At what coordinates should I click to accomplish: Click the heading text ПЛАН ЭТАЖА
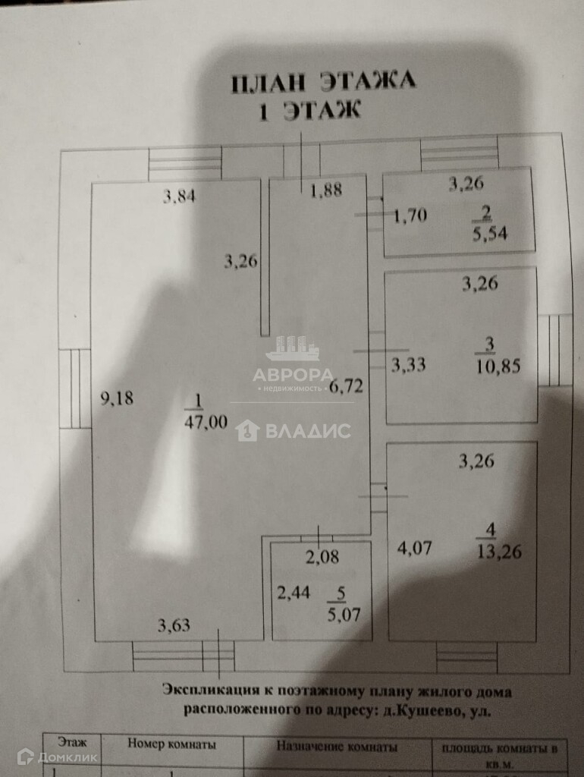click(x=323, y=81)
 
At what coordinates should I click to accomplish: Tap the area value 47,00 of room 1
click(x=206, y=423)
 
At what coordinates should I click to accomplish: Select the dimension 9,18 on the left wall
click(x=118, y=398)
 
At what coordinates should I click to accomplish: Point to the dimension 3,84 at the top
click(x=181, y=198)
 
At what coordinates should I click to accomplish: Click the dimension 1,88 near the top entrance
click(x=326, y=190)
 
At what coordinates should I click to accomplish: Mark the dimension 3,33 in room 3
click(x=408, y=365)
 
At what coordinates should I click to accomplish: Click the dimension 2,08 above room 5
click(x=322, y=558)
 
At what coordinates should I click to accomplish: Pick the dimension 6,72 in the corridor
click(x=347, y=386)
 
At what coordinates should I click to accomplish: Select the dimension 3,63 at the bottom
click(x=174, y=626)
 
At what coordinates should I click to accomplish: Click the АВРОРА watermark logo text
click(x=293, y=375)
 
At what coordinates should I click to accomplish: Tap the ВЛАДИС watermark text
click(x=306, y=432)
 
